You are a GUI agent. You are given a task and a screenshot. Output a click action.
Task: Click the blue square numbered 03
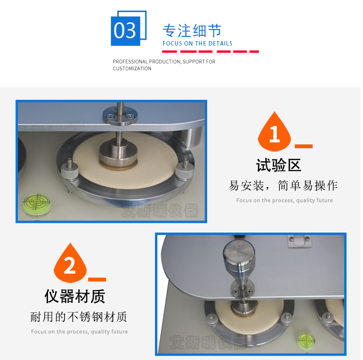coord(125,31)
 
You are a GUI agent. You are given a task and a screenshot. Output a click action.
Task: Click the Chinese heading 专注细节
coord(192,31)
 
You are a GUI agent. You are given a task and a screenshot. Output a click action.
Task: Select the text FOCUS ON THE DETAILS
coord(197,44)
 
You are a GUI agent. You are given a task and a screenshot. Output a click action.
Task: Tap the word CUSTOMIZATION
coord(132,69)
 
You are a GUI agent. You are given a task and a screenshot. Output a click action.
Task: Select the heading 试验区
coord(279,165)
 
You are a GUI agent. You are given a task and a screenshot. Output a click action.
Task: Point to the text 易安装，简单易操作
coord(284,186)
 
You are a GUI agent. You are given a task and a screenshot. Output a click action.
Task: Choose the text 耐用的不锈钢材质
coord(79,317)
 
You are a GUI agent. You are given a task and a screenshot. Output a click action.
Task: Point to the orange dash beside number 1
coord(303,146)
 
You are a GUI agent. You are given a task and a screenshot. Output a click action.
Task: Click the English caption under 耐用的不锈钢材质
coord(79,332)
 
